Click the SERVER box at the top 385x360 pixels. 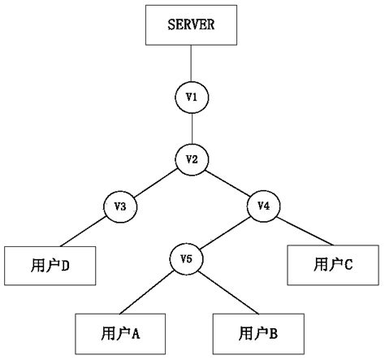tap(191, 26)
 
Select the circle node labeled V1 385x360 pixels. tap(192, 98)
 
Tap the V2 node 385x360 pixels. tap(192, 158)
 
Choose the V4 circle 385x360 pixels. tap(263, 206)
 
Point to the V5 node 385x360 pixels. tap(186, 259)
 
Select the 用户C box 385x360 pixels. tap(332, 264)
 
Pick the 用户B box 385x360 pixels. tap(257, 333)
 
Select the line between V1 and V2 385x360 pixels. tap(192, 128)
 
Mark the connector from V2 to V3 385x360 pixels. tap(155, 182)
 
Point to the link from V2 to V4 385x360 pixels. tap(227, 182)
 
